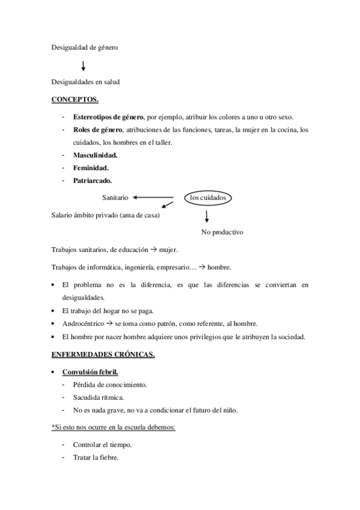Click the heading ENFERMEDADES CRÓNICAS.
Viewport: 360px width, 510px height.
tap(103, 355)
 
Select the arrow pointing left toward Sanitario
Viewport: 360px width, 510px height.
tap(154, 197)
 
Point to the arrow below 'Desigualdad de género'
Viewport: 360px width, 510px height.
tap(83, 65)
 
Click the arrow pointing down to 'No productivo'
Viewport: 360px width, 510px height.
tap(206, 216)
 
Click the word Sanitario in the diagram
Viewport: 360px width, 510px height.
tap(115, 197)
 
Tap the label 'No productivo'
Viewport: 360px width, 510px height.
tap(222, 232)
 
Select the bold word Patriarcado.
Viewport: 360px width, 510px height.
tap(93, 180)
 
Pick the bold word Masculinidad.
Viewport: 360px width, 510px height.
tap(95, 155)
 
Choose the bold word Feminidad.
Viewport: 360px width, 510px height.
tap(91, 167)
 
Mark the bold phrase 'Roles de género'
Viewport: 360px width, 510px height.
tap(97, 129)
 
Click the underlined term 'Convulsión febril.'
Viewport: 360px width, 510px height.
tap(90, 373)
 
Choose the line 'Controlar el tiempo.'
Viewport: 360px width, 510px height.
tap(102, 445)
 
